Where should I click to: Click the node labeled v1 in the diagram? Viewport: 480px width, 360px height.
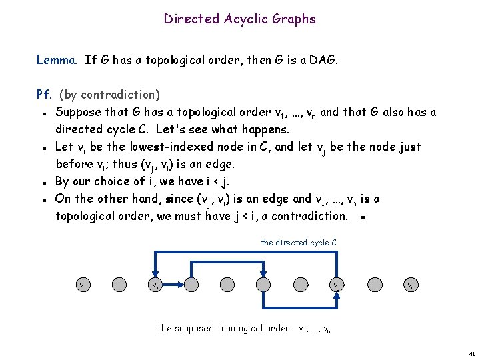(x=83, y=285)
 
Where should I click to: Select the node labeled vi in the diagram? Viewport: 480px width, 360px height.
(x=155, y=285)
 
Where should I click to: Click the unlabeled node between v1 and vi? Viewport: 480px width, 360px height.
(x=119, y=285)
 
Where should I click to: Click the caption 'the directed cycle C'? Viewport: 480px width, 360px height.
(x=299, y=243)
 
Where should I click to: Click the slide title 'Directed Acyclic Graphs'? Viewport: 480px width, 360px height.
(x=240, y=19)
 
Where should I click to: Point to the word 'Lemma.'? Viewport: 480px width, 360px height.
(x=58, y=60)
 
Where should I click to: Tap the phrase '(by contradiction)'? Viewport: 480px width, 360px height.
(x=109, y=95)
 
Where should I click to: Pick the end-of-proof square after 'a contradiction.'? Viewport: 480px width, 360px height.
(x=360, y=217)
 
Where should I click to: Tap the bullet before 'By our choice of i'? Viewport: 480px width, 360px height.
(x=43, y=182)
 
